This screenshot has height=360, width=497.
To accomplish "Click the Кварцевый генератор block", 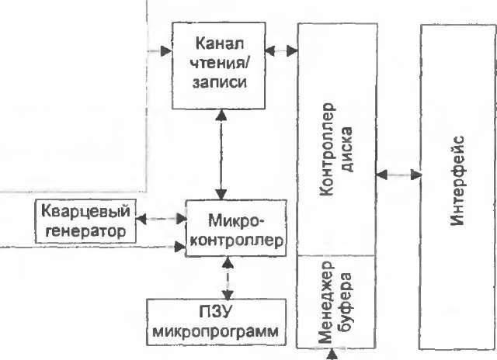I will [85, 220].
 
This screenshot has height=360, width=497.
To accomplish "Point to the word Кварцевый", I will [85, 211].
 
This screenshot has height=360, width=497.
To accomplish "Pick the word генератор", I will [85, 230].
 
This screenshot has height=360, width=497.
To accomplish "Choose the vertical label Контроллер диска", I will [337, 148].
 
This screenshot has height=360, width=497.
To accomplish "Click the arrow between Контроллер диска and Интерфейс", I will [398, 175].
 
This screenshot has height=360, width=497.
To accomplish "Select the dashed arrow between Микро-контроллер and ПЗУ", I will [226, 278].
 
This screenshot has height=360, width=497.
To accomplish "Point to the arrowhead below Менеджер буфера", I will [334, 355].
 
